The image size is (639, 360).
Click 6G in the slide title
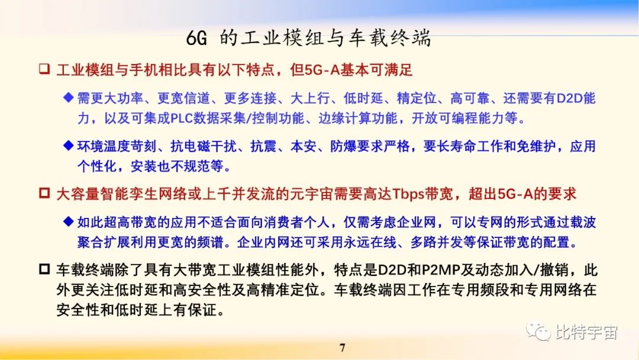tap(196, 39)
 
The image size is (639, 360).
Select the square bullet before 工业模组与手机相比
tap(44, 70)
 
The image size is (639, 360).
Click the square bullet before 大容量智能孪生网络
tap(44, 194)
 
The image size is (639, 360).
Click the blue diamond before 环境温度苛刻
tap(68, 146)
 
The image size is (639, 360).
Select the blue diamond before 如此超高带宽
tap(68, 222)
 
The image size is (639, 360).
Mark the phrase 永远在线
tap(373, 243)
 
